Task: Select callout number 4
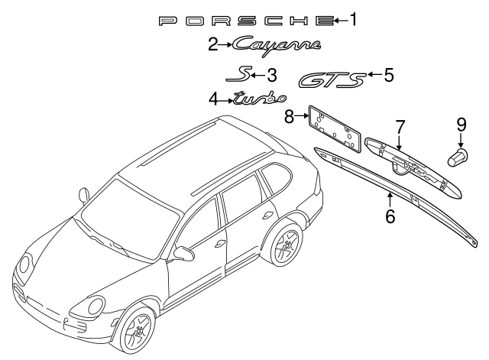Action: (214, 98)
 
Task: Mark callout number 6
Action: (390, 216)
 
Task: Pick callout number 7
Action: (399, 125)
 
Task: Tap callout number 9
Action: (461, 124)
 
